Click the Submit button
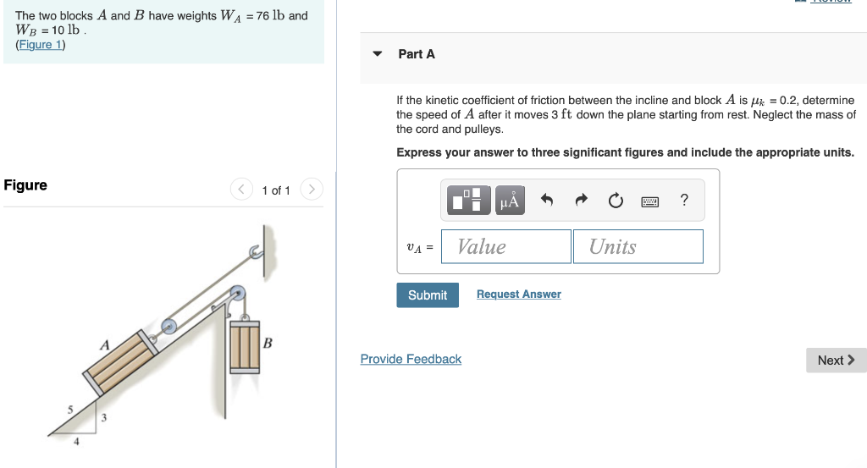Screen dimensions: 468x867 click(427, 295)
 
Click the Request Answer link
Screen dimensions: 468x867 click(518, 294)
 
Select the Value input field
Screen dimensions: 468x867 click(505, 246)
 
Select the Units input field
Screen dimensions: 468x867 click(638, 246)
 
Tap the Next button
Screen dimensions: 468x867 click(835, 360)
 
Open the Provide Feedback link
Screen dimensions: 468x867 click(411, 359)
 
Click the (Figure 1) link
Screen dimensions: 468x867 click(40, 45)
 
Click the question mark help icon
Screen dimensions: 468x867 click(684, 200)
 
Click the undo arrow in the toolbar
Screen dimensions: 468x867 click(546, 201)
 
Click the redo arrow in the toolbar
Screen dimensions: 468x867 click(581, 201)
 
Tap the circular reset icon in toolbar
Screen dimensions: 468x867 click(616, 201)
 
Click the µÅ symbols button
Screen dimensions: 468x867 click(509, 201)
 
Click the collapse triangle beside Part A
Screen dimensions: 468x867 click(378, 54)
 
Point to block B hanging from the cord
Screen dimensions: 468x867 click(245, 346)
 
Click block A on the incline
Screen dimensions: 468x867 click(119, 363)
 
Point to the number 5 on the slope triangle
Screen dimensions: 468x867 click(71, 410)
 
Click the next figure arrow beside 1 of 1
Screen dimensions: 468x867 click(312, 190)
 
